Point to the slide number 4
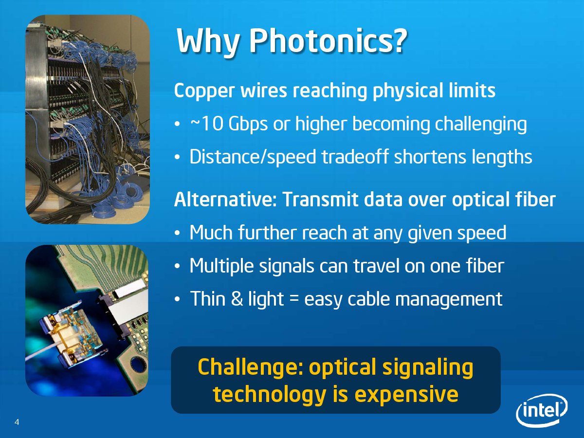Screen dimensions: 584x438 (17, 422)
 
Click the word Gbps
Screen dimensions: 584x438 (248, 125)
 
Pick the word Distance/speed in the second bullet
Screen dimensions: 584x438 (253, 157)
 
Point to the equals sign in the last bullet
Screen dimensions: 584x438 (294, 300)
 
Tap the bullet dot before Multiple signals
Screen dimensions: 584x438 (178, 266)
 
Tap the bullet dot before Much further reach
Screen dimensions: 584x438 (178, 233)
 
